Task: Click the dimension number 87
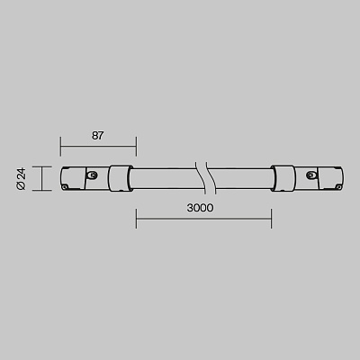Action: [x=97, y=136]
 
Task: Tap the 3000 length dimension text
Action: [x=200, y=208]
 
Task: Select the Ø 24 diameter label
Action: [x=22, y=179]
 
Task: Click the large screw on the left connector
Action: [x=93, y=175]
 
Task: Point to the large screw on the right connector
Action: [x=310, y=175]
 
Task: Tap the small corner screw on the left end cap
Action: [x=65, y=187]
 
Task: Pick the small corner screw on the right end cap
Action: [x=338, y=187]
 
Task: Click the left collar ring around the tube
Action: [x=120, y=178]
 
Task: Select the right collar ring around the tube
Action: [x=283, y=178]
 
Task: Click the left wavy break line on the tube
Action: [x=200, y=178]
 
